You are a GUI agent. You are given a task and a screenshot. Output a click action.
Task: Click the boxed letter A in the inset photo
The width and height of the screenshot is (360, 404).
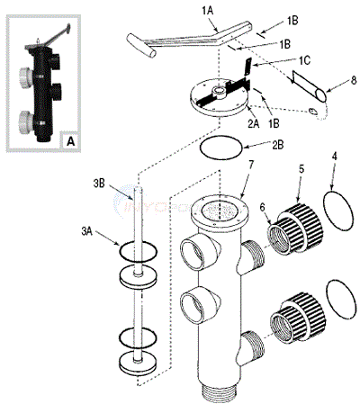tap(70, 140)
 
